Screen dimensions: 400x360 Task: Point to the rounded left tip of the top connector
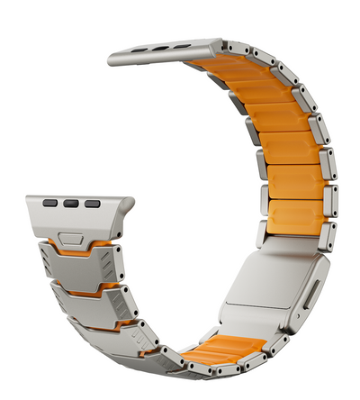point(112,59)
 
